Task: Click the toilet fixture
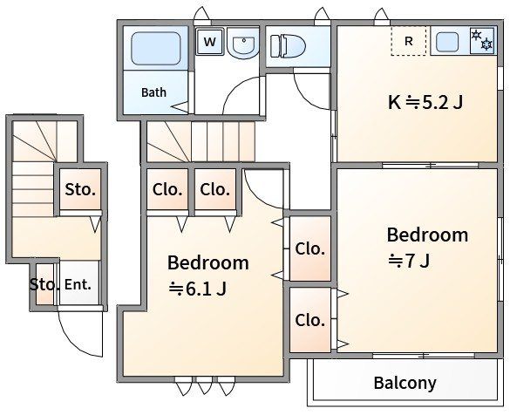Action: pyautogui.click(x=289, y=46)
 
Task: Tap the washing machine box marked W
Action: pyautogui.click(x=210, y=42)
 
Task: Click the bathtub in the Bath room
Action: pyautogui.click(x=156, y=48)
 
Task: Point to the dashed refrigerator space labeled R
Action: pyautogui.click(x=409, y=41)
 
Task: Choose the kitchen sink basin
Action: pyautogui.click(x=447, y=42)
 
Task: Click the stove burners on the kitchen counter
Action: pyautogui.click(x=482, y=40)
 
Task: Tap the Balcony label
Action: pyautogui.click(x=405, y=383)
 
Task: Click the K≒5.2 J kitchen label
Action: pyautogui.click(x=425, y=103)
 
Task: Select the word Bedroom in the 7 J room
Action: pyautogui.click(x=427, y=235)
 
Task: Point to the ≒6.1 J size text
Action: pyautogui.click(x=197, y=289)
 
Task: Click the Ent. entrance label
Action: pyautogui.click(x=78, y=284)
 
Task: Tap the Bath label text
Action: pyautogui.click(x=153, y=92)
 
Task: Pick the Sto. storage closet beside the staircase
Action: pyautogui.click(x=80, y=189)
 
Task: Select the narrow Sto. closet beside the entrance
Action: pyautogui.click(x=44, y=284)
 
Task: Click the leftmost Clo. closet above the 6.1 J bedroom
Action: pyautogui.click(x=167, y=189)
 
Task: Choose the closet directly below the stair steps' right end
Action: pyautogui.click(x=215, y=189)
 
